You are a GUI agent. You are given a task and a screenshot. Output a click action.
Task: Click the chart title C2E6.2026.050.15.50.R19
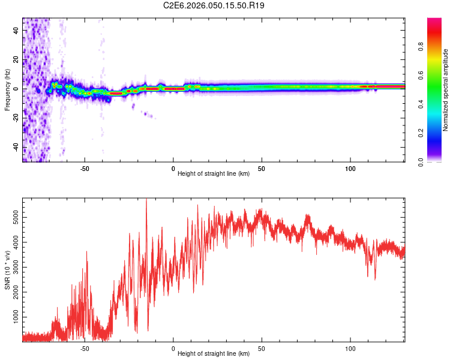[214, 6]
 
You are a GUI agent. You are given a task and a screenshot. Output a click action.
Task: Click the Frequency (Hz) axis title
[7, 90]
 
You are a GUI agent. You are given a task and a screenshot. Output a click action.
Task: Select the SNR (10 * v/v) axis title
[7, 270]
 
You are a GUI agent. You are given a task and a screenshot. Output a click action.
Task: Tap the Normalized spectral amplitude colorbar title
[446, 90]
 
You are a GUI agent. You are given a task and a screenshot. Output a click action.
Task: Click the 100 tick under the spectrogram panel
[350, 168]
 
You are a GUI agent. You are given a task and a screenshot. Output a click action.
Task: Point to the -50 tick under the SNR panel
[85, 348]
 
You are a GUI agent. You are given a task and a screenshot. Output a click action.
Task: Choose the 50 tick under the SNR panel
[262, 348]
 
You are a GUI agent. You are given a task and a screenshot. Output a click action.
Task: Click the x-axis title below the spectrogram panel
[214, 174]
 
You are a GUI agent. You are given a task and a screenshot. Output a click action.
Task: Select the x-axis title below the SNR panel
[214, 354]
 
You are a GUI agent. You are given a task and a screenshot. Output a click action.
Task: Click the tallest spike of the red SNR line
[146, 200]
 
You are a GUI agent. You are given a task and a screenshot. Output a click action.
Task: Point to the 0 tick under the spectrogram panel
[173, 168]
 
